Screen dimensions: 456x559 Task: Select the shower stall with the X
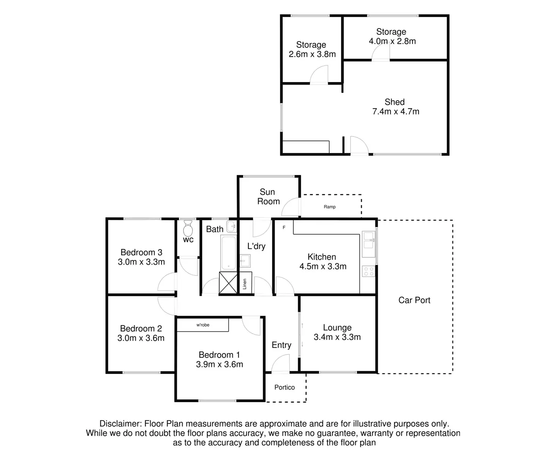pyautogui.click(x=228, y=282)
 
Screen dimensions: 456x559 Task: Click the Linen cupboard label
pyautogui.click(x=245, y=283)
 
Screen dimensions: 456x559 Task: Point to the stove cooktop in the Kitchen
pyautogui.click(x=368, y=271)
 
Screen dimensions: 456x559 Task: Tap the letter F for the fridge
pyautogui.click(x=284, y=227)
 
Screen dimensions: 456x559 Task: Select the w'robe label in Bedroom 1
pyautogui.click(x=203, y=325)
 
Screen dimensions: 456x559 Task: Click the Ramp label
pyautogui.click(x=330, y=207)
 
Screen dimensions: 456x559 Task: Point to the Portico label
pyautogui.click(x=284, y=387)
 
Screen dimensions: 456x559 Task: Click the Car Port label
pyautogui.click(x=414, y=300)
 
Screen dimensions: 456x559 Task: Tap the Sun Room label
pyautogui.click(x=268, y=197)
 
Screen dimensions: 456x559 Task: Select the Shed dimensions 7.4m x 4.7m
pyautogui.click(x=396, y=112)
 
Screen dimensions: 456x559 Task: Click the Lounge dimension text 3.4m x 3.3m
pyautogui.click(x=337, y=337)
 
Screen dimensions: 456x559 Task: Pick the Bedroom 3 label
pyautogui.click(x=141, y=252)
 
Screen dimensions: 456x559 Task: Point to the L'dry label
pyautogui.click(x=256, y=246)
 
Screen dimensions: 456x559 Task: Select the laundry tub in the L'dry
pyautogui.click(x=245, y=261)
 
